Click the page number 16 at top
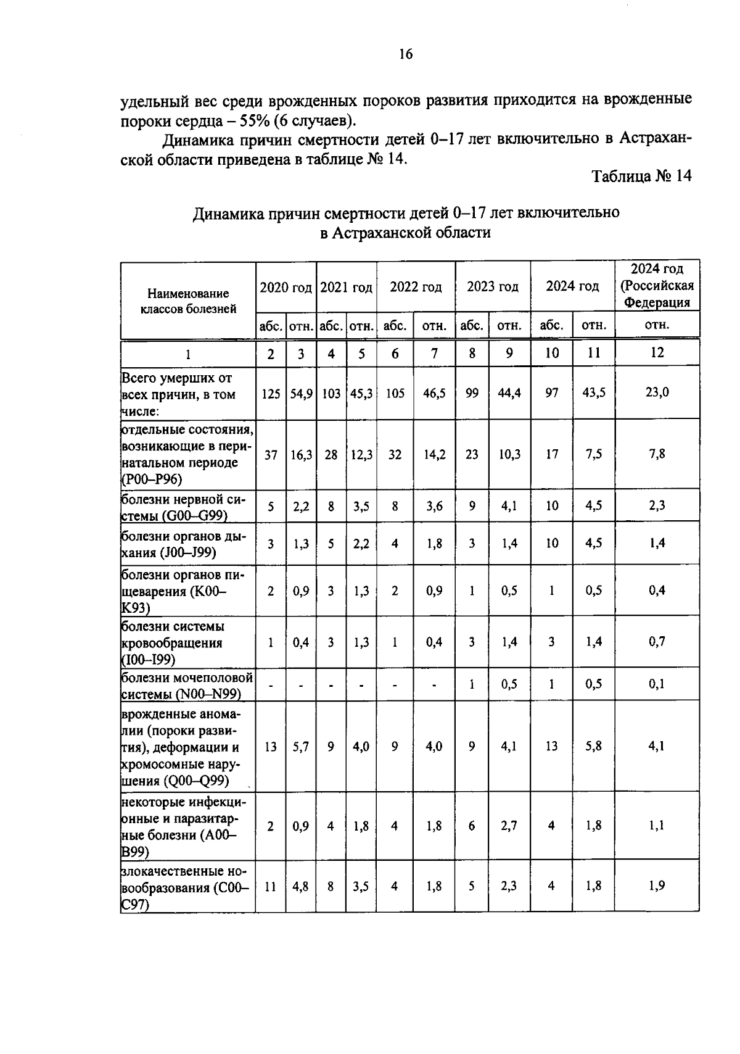pos(405,54)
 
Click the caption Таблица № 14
pos(641,176)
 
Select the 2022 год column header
pos(416,287)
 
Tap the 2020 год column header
pos(286,288)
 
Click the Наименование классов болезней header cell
pos(188,301)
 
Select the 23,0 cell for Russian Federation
pos(657,392)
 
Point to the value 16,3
pos(301,455)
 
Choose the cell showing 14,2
pos(434,455)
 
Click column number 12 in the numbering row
pos(657,352)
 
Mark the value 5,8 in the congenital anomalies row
pos(593,746)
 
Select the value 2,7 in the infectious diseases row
pos(509,826)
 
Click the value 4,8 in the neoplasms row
pos(301,887)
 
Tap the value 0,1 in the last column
pos(657,684)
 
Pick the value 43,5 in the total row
pos(593,392)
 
